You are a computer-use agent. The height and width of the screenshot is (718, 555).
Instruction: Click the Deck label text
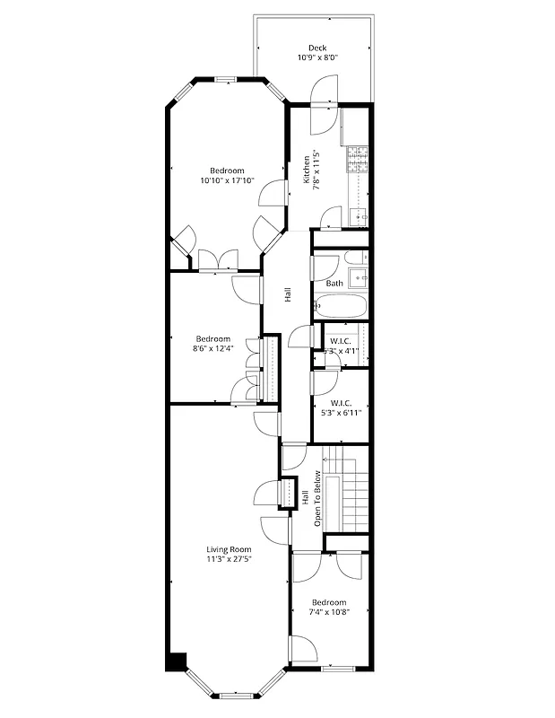[317, 48]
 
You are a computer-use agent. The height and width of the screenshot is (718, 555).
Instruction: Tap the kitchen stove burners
[358, 160]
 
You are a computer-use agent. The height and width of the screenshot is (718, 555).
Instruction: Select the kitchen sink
[359, 216]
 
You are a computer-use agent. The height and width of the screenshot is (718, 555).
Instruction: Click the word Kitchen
[307, 170]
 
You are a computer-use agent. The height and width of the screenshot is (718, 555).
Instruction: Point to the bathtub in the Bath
[341, 307]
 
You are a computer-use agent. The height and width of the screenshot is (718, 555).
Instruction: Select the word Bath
[334, 284]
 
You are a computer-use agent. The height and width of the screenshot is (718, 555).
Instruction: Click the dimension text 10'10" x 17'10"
[227, 180]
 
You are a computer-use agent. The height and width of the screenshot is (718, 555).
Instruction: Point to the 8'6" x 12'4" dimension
[212, 348]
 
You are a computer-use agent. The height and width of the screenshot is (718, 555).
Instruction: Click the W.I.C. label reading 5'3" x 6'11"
[340, 409]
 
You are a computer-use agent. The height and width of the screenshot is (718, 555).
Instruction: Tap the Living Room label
[229, 549]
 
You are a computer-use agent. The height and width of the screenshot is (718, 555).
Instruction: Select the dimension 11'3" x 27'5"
[229, 559]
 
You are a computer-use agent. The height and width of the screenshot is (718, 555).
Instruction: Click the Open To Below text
[317, 499]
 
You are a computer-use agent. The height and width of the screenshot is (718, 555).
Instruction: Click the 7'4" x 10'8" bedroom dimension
[329, 612]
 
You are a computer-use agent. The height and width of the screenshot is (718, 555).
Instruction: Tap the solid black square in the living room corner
[177, 661]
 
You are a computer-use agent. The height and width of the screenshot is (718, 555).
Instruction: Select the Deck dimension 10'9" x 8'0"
[317, 58]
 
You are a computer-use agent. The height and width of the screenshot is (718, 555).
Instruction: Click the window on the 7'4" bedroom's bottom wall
[340, 670]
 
